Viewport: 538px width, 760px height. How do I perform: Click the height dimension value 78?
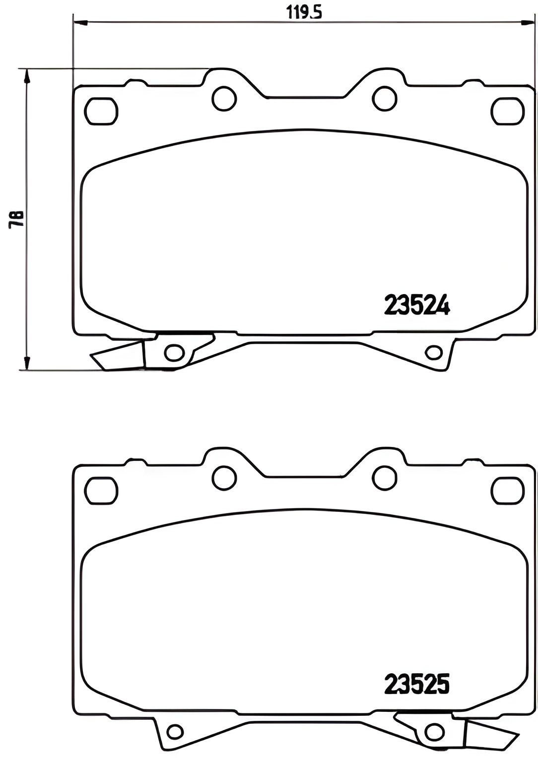point(16,219)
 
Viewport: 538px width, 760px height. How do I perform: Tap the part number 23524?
point(417,305)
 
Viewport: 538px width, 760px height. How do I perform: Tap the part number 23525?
point(417,685)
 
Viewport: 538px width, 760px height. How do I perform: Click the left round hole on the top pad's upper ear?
point(223,98)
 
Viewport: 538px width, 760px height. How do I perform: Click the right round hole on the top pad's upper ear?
point(385,98)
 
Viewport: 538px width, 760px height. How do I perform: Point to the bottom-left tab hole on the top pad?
point(174,353)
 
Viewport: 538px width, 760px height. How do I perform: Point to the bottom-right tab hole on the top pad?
point(434,353)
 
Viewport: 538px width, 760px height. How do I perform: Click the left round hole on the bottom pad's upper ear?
point(223,478)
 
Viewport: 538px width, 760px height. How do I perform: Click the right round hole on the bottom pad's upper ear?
point(385,478)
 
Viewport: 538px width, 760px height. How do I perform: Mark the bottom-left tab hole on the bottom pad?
point(174,731)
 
